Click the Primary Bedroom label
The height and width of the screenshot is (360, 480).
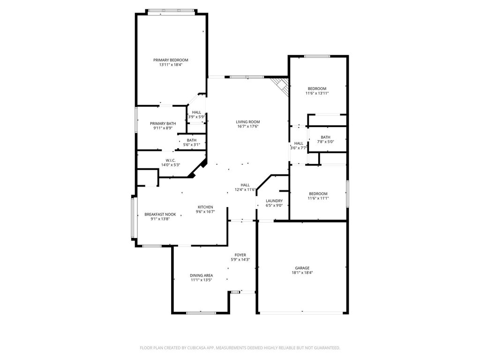point(171,60)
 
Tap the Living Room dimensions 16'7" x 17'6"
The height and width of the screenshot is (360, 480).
point(248,127)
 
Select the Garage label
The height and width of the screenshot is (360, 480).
point(302,268)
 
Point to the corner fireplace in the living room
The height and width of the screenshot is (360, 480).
point(279,86)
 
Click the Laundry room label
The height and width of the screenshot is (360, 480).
point(274,201)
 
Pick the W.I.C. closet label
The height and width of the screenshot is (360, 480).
point(171,160)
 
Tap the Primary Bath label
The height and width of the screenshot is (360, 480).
point(163,124)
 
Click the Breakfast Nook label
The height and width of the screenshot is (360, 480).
point(160,215)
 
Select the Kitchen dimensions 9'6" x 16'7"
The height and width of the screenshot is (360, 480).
point(205,211)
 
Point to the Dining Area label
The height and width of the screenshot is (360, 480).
point(201,276)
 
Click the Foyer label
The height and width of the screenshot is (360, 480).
point(240,255)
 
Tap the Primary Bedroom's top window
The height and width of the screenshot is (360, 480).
point(171,11)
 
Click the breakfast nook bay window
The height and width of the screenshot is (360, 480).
point(133,217)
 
